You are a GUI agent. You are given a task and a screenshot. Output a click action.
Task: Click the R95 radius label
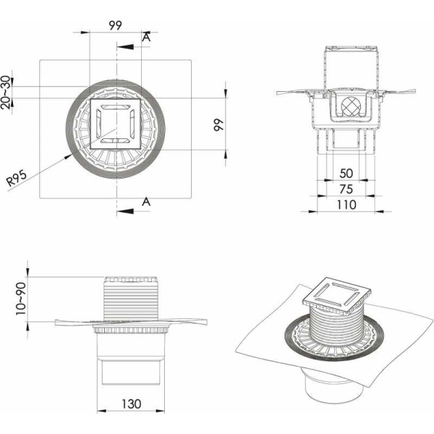pos(17,179)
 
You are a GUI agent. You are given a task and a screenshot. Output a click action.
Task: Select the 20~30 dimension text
pos(6,92)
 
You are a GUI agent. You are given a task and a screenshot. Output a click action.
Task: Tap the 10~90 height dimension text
pos(21,298)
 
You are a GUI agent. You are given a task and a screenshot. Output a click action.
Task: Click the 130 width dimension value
pos(131,404)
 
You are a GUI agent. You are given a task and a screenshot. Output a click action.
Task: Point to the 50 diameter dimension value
pos(346,174)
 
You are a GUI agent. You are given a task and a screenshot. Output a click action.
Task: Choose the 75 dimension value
pos(346,190)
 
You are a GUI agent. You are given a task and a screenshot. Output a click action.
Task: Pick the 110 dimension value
pos(346,205)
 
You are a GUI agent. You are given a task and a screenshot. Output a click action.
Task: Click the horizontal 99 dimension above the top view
pos(115,25)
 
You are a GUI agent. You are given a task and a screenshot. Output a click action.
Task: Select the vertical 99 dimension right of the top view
pos(218,125)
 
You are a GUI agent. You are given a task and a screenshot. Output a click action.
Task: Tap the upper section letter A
pos(146,37)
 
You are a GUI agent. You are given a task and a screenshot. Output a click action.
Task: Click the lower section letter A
pos(146,202)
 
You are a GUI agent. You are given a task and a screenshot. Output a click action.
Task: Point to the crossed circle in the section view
pos(351,106)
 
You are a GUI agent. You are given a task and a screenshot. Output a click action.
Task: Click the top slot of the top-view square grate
pos(116,107)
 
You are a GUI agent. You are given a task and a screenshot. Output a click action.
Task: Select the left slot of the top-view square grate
pos(98,124)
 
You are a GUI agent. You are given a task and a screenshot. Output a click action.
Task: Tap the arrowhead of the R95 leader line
pos(68,157)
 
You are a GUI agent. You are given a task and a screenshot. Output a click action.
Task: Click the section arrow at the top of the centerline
pos(125,47)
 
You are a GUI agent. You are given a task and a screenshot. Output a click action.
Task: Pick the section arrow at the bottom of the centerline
pos(125,211)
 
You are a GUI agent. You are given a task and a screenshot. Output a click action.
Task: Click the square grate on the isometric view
pos(337,293)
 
